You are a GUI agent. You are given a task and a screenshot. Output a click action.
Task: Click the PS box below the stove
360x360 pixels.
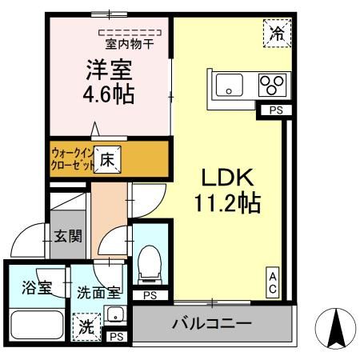(274, 110)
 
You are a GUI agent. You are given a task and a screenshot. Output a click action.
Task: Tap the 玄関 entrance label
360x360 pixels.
(67, 236)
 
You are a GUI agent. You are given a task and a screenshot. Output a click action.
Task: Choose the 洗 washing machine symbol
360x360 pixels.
(85, 326)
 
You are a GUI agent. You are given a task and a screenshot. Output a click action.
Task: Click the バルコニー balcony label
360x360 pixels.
(213, 326)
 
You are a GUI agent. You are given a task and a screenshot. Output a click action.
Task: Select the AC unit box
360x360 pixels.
(273, 282)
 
